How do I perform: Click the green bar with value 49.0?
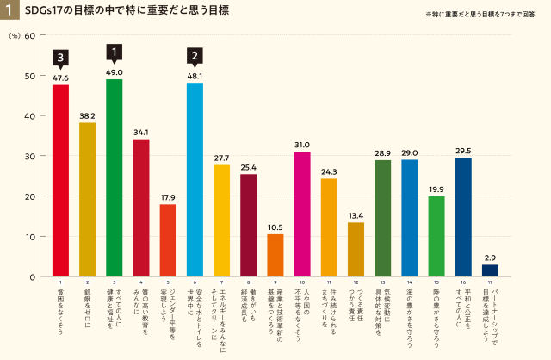click(x=115, y=177)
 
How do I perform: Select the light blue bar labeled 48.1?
click(x=195, y=179)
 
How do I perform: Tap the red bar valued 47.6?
click(x=60, y=180)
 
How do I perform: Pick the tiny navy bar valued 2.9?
click(x=490, y=270)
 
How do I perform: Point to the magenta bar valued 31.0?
click(x=302, y=214)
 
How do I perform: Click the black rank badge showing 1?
click(x=115, y=53)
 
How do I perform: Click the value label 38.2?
click(x=87, y=115)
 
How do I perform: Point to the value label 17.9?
click(x=168, y=197)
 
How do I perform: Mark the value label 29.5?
click(x=463, y=151)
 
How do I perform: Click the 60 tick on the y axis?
click(x=30, y=35)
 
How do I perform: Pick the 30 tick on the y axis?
click(x=30, y=156)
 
